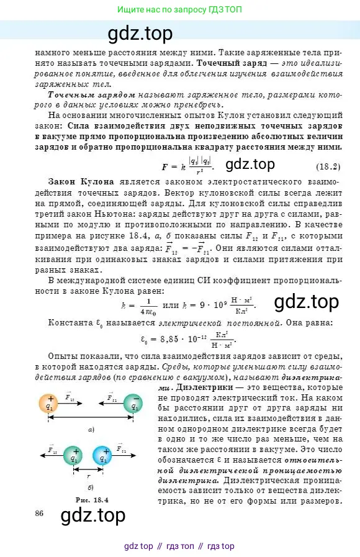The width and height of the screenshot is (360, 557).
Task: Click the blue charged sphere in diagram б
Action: (102, 456)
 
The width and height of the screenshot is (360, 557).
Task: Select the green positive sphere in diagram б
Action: (75, 456)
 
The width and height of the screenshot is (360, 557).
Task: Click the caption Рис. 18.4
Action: (91, 499)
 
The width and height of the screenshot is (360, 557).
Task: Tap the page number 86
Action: (40, 513)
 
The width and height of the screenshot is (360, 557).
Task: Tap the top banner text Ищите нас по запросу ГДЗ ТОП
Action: (179, 11)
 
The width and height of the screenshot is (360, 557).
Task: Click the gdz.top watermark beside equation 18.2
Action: (250, 165)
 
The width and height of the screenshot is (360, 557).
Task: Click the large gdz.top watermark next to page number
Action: (92, 515)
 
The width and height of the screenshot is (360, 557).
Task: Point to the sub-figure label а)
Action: (91, 430)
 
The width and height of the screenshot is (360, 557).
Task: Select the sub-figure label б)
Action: (91, 487)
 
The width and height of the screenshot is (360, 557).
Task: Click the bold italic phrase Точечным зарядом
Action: (91, 95)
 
